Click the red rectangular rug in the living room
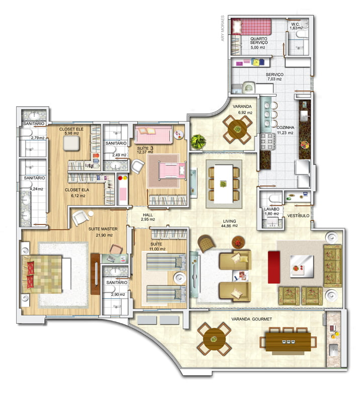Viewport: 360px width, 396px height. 274,267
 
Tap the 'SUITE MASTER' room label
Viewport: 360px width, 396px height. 103,229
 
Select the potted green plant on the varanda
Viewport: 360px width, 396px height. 198,142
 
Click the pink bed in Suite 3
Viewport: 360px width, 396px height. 172,170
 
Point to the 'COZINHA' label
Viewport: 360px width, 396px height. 285,128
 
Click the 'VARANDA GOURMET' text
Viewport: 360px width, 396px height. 251,319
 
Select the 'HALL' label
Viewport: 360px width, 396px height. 148,215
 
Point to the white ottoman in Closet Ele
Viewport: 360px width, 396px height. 71,143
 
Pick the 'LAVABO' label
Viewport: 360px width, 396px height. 272,209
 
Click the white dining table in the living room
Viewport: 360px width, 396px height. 223,184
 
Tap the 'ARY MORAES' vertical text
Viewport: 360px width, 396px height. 223,28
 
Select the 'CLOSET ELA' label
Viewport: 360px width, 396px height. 77,190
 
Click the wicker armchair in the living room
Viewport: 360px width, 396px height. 206,243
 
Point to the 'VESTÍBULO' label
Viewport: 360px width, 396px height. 299,216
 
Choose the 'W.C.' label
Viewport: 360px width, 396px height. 295,24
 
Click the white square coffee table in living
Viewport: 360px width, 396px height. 302,267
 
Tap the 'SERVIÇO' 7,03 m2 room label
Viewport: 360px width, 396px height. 275,77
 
